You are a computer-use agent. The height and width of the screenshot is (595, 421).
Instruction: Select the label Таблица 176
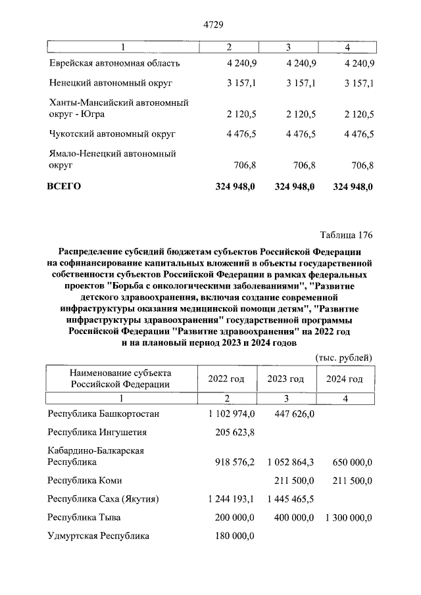(346, 235)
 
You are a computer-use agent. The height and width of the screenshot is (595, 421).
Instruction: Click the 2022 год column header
(226, 379)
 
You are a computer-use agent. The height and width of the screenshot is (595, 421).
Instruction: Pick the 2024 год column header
(345, 379)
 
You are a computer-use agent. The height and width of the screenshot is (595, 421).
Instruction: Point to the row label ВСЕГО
(63, 187)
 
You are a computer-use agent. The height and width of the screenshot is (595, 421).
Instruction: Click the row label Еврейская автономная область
(114, 64)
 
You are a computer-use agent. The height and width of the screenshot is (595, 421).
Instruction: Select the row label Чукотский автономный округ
(112, 134)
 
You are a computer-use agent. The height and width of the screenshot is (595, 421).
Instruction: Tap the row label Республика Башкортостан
(104, 414)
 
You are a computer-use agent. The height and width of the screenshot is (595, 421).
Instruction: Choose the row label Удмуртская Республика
(99, 536)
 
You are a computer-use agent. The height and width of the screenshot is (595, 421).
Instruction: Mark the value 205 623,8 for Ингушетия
(235, 433)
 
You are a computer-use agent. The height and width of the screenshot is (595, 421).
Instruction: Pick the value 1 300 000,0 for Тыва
(349, 517)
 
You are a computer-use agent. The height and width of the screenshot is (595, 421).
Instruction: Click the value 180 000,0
(235, 536)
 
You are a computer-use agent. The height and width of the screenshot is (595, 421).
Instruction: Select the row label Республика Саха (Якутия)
(103, 499)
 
